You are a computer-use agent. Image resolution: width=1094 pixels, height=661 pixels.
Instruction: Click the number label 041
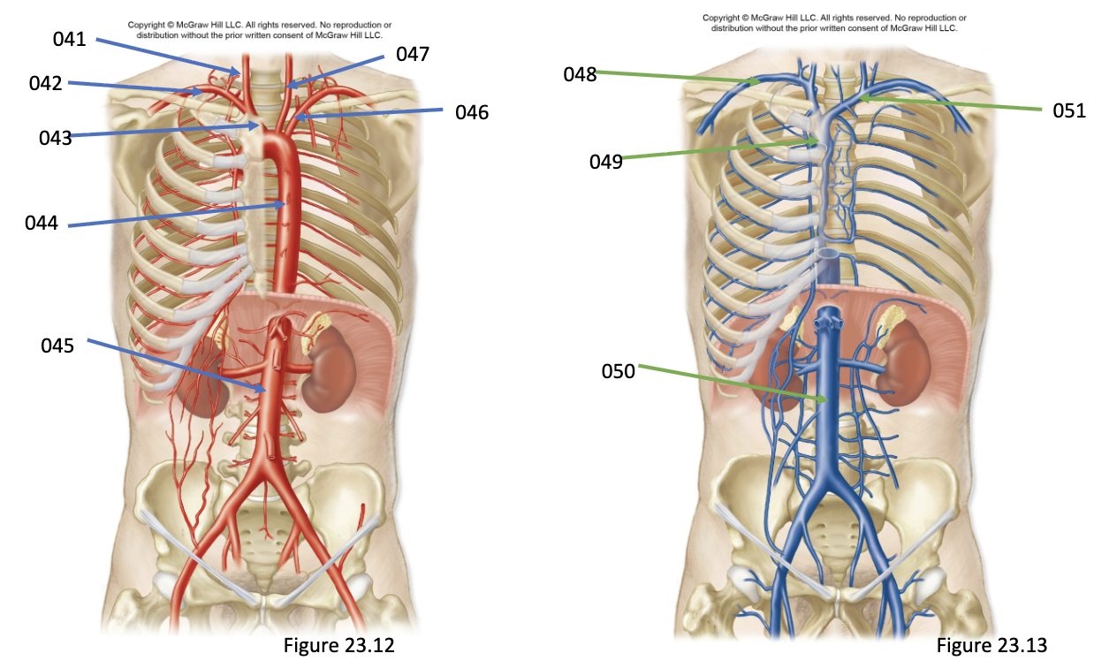(69, 39)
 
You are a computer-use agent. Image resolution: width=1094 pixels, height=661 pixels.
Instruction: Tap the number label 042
(45, 83)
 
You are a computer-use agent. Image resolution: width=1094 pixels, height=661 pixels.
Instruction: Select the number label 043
(55, 138)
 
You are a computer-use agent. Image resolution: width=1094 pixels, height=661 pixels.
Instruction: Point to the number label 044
(42, 223)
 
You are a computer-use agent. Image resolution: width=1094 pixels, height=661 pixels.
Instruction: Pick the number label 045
(57, 346)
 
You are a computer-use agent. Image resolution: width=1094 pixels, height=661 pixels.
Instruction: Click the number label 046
(472, 112)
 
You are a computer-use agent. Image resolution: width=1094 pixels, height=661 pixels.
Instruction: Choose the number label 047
(413, 54)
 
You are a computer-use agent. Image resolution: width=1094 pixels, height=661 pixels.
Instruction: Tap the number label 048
(580, 74)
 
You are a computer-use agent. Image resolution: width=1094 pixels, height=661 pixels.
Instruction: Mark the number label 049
(606, 162)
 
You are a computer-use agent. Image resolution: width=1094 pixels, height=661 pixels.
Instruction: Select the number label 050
(619, 371)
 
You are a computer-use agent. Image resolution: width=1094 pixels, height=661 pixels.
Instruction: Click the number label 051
(1069, 110)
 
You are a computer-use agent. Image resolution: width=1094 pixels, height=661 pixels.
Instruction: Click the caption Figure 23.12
(339, 645)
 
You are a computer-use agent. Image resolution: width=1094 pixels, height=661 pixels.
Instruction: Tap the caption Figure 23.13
(991, 645)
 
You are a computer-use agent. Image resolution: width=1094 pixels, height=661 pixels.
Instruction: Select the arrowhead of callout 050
(828, 400)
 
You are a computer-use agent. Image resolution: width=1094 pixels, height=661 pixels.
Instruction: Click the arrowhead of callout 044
(285, 204)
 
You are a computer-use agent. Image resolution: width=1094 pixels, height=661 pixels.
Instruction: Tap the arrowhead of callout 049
(819, 141)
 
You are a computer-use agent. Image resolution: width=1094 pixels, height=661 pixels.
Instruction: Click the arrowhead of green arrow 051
(858, 98)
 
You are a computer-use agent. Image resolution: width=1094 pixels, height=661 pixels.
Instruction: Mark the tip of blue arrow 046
(295, 118)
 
